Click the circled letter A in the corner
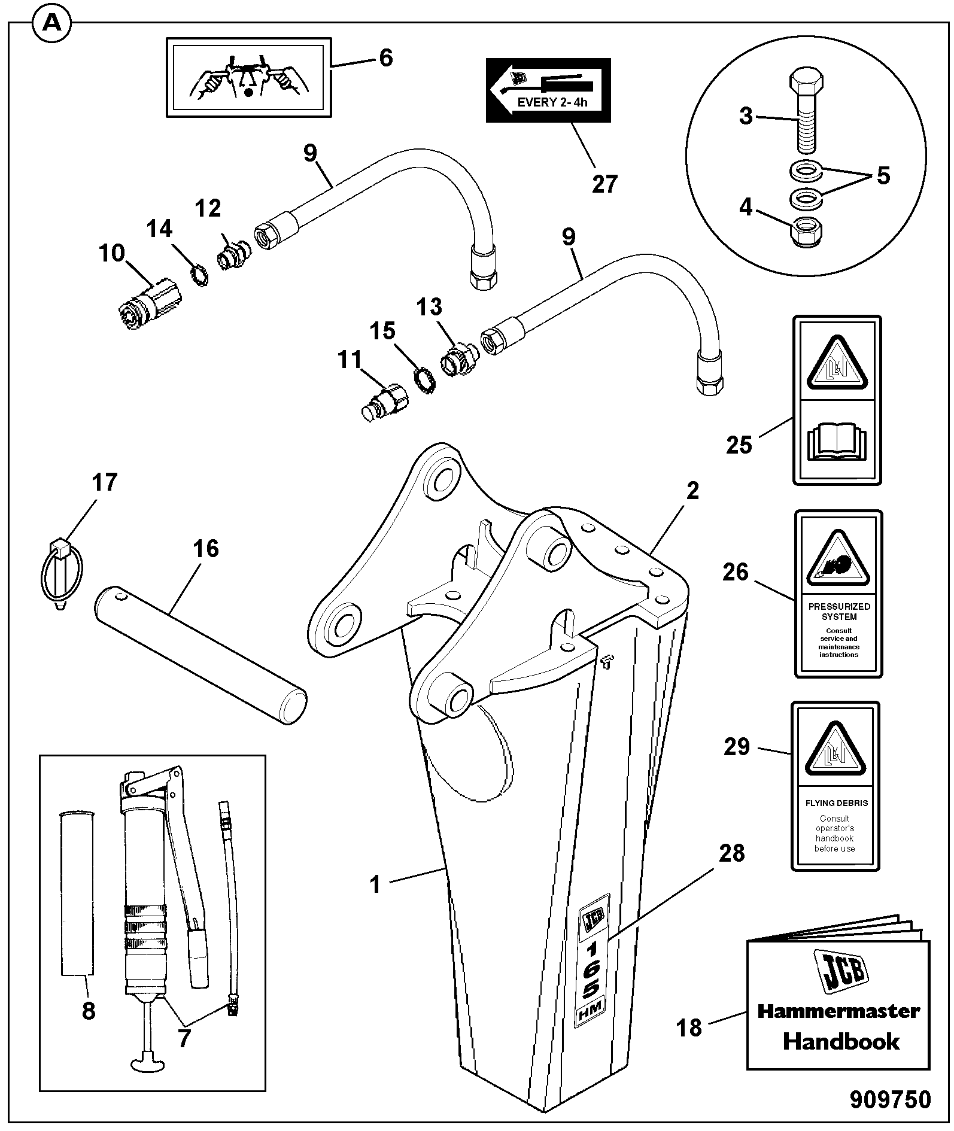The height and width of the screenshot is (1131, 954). pos(53,25)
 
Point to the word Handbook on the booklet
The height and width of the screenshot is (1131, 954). pos(841,1041)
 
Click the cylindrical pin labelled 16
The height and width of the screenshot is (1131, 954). pos(200,657)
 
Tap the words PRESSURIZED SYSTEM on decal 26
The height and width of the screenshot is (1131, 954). pos(838,611)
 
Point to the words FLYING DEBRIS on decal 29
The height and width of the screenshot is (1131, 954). pos(836,803)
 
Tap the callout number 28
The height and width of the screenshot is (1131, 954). pos(731,853)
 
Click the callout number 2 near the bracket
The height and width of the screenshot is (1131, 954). pos(692,490)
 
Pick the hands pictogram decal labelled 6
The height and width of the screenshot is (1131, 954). pos(248,77)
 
